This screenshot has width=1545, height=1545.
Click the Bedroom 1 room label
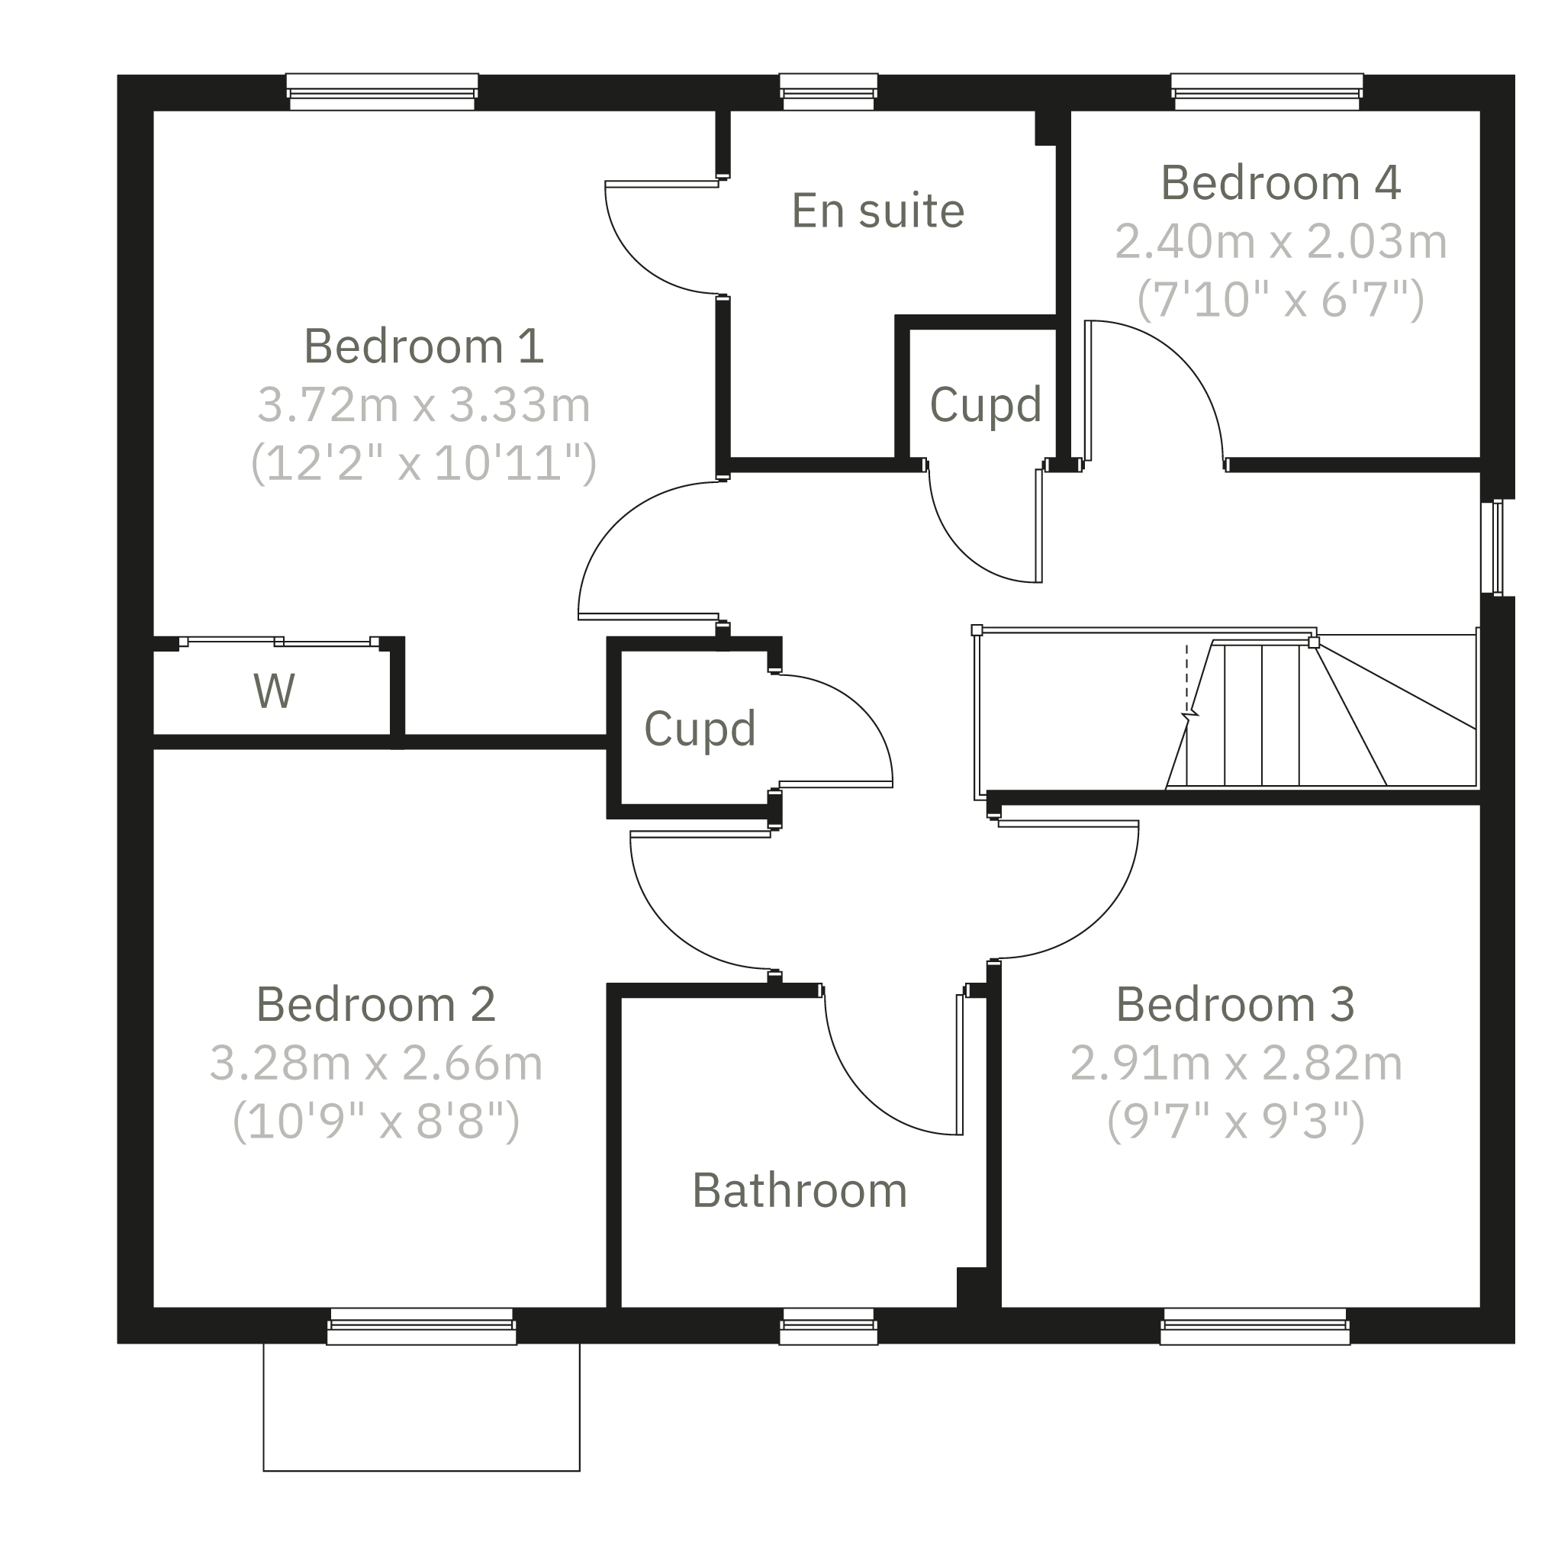(x=424, y=346)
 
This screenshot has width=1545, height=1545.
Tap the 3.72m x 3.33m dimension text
(x=424, y=404)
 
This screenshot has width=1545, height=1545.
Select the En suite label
(x=878, y=211)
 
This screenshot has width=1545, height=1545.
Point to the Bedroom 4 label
(x=1280, y=183)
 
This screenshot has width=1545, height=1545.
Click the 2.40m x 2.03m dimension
(x=1280, y=242)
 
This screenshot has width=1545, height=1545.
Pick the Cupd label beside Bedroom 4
(x=985, y=404)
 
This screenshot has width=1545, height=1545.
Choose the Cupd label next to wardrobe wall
(x=700, y=729)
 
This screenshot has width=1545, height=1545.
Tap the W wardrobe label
(x=275, y=691)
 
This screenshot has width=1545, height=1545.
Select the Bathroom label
(x=800, y=1191)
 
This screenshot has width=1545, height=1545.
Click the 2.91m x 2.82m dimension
(x=1236, y=1063)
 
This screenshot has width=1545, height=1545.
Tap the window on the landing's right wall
(x=1492, y=548)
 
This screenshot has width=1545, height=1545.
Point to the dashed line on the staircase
(x=1186, y=680)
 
